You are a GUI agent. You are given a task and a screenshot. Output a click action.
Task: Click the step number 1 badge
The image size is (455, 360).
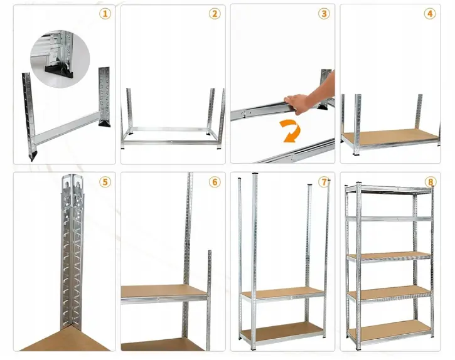(x=105, y=14)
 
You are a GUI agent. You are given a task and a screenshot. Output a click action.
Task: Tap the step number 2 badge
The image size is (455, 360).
(x=215, y=14)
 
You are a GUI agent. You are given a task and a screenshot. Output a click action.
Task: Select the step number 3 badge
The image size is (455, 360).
(x=324, y=14)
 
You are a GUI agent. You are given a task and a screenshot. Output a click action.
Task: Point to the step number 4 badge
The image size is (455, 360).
(x=430, y=14)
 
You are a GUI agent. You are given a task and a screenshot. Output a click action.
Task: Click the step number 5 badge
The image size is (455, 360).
(x=105, y=182)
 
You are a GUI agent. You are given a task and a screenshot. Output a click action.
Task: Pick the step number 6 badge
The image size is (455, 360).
(x=215, y=182)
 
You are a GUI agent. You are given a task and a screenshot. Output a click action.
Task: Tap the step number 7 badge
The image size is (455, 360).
(x=324, y=182)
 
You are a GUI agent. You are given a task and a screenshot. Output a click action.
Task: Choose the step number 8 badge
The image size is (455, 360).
(x=431, y=182)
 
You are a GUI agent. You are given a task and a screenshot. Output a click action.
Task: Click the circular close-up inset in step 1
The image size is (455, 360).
(x=60, y=59)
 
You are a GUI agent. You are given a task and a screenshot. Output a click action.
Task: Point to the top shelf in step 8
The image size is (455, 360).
(x=389, y=189)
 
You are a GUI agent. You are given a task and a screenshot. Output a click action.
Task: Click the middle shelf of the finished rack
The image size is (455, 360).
(x=390, y=256)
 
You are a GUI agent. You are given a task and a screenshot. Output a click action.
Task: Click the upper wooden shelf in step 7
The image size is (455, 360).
(x=282, y=293)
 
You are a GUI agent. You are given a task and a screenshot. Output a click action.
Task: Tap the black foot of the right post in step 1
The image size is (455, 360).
(x=104, y=124)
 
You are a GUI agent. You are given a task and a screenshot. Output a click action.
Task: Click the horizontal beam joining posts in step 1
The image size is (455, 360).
(x=67, y=128)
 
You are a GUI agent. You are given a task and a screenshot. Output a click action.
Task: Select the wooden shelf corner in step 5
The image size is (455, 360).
(x=65, y=340)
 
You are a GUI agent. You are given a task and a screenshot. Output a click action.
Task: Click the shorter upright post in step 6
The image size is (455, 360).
(x=209, y=300)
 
